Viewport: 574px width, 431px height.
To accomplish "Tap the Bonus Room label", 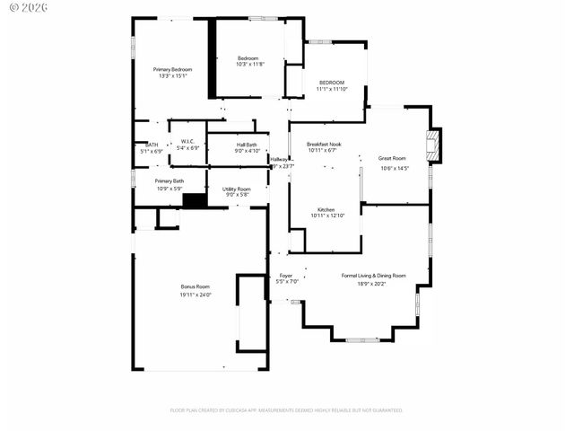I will click(x=195, y=286).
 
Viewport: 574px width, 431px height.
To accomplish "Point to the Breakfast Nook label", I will click(x=324, y=144).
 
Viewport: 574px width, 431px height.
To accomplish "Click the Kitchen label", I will click(x=326, y=208).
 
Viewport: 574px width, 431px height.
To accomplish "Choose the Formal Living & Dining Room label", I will click(x=373, y=276).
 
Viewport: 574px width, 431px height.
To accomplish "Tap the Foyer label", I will click(x=286, y=276).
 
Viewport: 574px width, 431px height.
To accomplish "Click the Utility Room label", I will click(x=237, y=189).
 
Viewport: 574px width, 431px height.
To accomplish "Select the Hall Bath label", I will click(x=247, y=145).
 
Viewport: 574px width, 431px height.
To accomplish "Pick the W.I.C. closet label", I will click(x=187, y=141).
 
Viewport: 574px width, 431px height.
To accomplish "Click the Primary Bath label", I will click(x=169, y=180).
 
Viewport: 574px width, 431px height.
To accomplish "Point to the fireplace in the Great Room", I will click(x=434, y=145).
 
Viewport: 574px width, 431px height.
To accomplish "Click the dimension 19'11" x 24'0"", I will click(x=195, y=295).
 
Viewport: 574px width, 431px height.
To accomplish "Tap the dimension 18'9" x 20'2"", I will click(x=373, y=283).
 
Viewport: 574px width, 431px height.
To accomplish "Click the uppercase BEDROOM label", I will click(x=331, y=83).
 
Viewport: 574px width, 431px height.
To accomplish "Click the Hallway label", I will click(x=279, y=159).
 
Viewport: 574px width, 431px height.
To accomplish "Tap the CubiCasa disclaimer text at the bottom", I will click(x=287, y=410).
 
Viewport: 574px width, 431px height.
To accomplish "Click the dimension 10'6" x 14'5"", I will click(x=395, y=168).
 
